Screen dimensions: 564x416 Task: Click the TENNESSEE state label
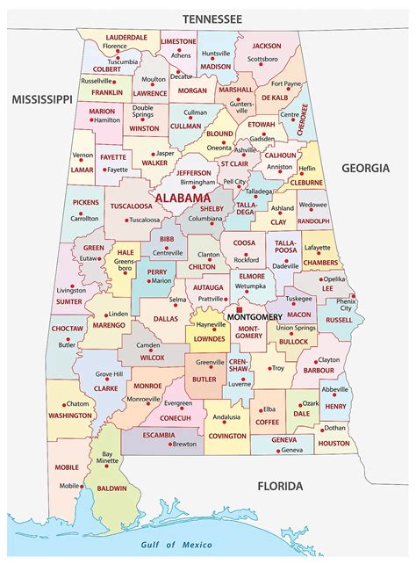(212, 18)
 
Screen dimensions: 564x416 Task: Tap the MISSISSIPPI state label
(40, 100)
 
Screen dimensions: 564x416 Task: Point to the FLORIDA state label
(280, 486)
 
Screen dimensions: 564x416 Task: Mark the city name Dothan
(334, 428)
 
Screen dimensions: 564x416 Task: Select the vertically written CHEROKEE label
(305, 119)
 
